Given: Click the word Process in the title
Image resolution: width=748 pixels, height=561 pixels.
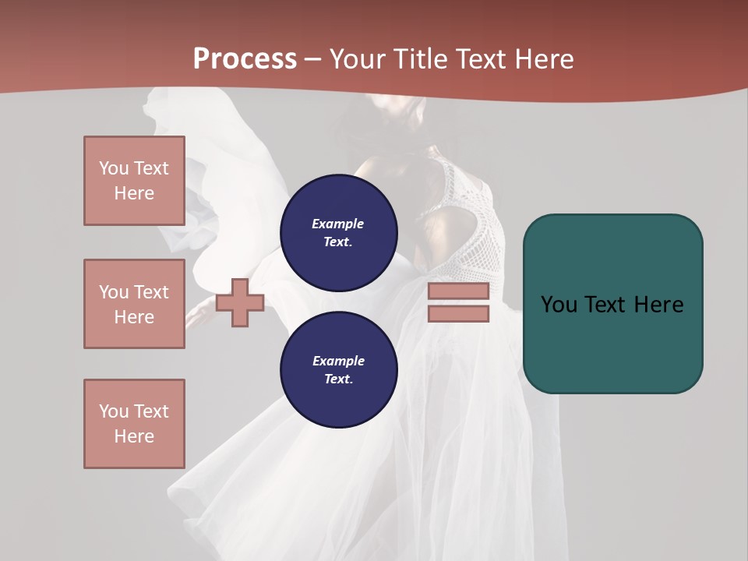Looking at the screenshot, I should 245,58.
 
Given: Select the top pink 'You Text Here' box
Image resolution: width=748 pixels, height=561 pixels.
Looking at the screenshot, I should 134,181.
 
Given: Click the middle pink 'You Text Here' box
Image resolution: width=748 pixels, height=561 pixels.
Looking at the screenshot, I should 134,304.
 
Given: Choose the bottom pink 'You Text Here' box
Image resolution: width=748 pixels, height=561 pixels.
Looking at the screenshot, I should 134,424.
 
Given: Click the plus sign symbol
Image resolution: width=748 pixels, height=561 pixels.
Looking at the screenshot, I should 240,302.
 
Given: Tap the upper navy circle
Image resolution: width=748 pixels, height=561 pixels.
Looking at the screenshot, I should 338,233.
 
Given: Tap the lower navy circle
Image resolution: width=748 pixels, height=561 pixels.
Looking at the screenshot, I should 338,370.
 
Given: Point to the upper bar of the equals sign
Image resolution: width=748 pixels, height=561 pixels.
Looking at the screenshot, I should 458,291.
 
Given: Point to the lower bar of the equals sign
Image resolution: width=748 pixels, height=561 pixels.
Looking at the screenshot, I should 458,314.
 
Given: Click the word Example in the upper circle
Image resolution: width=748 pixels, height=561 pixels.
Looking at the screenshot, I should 338,224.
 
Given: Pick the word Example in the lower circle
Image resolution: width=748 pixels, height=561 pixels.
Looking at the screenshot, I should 338,361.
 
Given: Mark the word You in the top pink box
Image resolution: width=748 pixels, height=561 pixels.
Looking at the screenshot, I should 114,168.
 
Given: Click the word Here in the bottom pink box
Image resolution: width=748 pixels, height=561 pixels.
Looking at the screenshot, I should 134,436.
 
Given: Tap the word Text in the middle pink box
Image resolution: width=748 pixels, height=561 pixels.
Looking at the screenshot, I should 152,292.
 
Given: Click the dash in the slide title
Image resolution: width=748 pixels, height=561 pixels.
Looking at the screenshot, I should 312,59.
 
